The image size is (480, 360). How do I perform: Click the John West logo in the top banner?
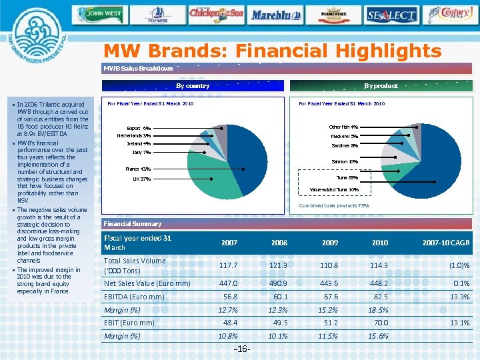pos(105,13)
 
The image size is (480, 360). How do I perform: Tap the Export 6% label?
pos(139,128)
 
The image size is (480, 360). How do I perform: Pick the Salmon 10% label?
pos(345,161)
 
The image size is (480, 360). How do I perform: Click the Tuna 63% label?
pos(347,178)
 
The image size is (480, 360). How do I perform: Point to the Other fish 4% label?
pos(343,127)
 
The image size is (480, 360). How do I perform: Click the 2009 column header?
pos(330,243)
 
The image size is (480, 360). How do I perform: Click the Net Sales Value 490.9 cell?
pos(279,283)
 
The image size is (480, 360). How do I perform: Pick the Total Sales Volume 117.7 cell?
pos(229,265)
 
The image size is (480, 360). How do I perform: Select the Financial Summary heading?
pos(132,224)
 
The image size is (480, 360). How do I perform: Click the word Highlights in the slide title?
pos(381,51)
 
